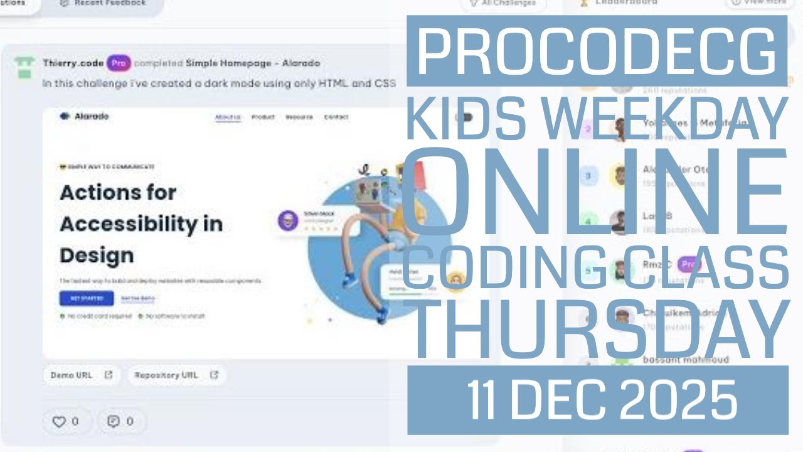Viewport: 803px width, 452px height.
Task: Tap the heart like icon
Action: click(58, 422)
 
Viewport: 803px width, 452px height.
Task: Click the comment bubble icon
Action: click(114, 421)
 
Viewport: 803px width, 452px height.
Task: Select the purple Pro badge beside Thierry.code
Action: click(119, 63)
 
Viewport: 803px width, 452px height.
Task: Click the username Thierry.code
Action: click(73, 63)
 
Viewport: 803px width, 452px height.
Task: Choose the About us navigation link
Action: click(228, 117)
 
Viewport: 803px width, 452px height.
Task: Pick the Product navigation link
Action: click(263, 117)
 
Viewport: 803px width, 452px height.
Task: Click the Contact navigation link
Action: click(336, 117)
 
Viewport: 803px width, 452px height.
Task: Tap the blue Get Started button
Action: click(87, 298)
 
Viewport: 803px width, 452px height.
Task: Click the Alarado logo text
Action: click(92, 116)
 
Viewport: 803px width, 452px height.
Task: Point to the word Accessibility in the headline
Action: click(141, 224)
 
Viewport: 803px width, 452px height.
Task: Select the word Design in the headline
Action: click(88, 256)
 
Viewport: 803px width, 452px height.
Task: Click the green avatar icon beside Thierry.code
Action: click(24, 67)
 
